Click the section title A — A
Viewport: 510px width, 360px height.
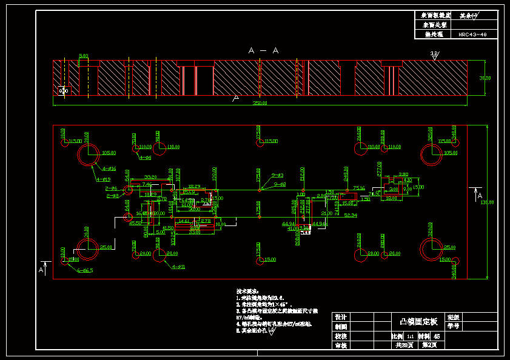tap(263, 51)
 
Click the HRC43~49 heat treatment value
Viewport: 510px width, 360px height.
tap(472, 35)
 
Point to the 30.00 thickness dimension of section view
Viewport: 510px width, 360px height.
tap(485, 78)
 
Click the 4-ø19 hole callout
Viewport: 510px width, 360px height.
tap(103, 179)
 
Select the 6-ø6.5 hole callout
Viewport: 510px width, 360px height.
tap(85, 270)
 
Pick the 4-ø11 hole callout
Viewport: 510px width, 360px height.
tap(178, 267)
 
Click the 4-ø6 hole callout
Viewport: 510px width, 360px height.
tap(145, 158)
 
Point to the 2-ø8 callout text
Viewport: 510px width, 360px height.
tap(113, 196)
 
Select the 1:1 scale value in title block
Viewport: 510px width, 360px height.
tap(410, 336)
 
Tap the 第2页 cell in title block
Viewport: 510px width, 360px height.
tap(429, 345)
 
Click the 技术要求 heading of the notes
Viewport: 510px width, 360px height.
tap(247, 292)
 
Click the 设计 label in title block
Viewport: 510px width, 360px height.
tap(340, 317)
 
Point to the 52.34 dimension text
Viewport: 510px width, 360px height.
tap(350, 215)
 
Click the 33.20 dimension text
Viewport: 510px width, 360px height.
tap(150, 177)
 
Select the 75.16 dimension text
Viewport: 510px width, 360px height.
tap(358, 188)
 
